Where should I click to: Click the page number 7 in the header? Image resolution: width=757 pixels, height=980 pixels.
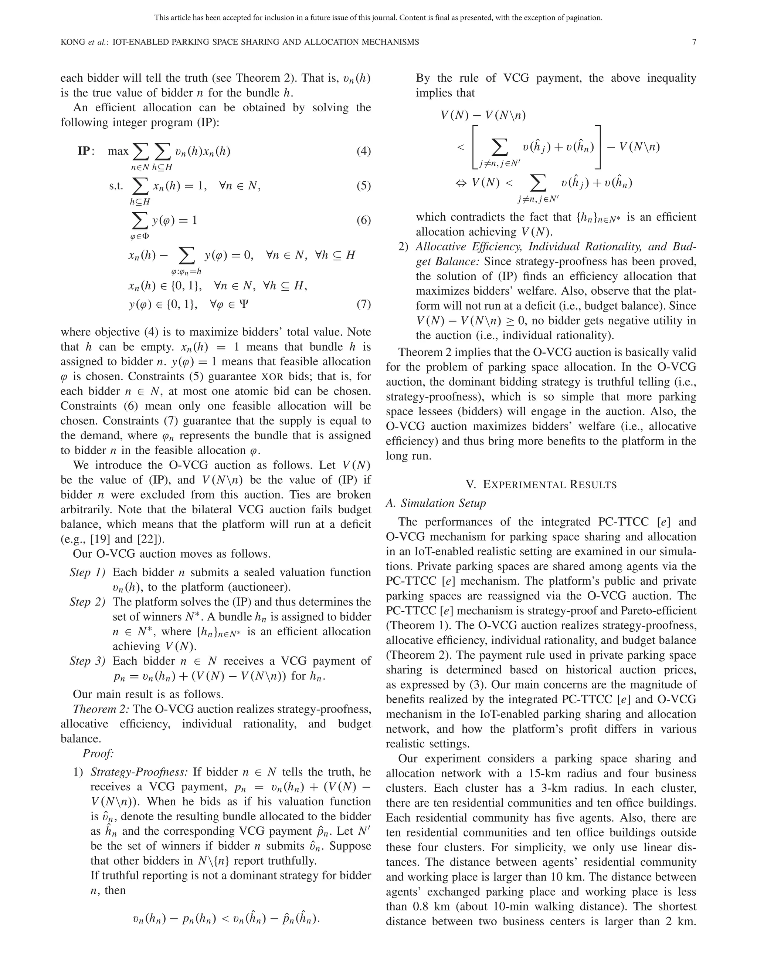(694, 42)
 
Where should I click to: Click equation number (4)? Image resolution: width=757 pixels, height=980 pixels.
(363, 151)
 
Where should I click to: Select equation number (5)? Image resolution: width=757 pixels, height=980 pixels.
(363, 185)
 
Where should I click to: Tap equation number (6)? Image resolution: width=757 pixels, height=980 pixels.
(363, 220)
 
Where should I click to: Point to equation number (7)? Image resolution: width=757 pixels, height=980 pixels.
(363, 305)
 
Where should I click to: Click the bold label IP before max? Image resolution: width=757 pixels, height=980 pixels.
(84, 151)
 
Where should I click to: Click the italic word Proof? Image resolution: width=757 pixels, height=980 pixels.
(98, 754)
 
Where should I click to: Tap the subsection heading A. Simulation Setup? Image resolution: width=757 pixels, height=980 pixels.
(435, 503)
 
